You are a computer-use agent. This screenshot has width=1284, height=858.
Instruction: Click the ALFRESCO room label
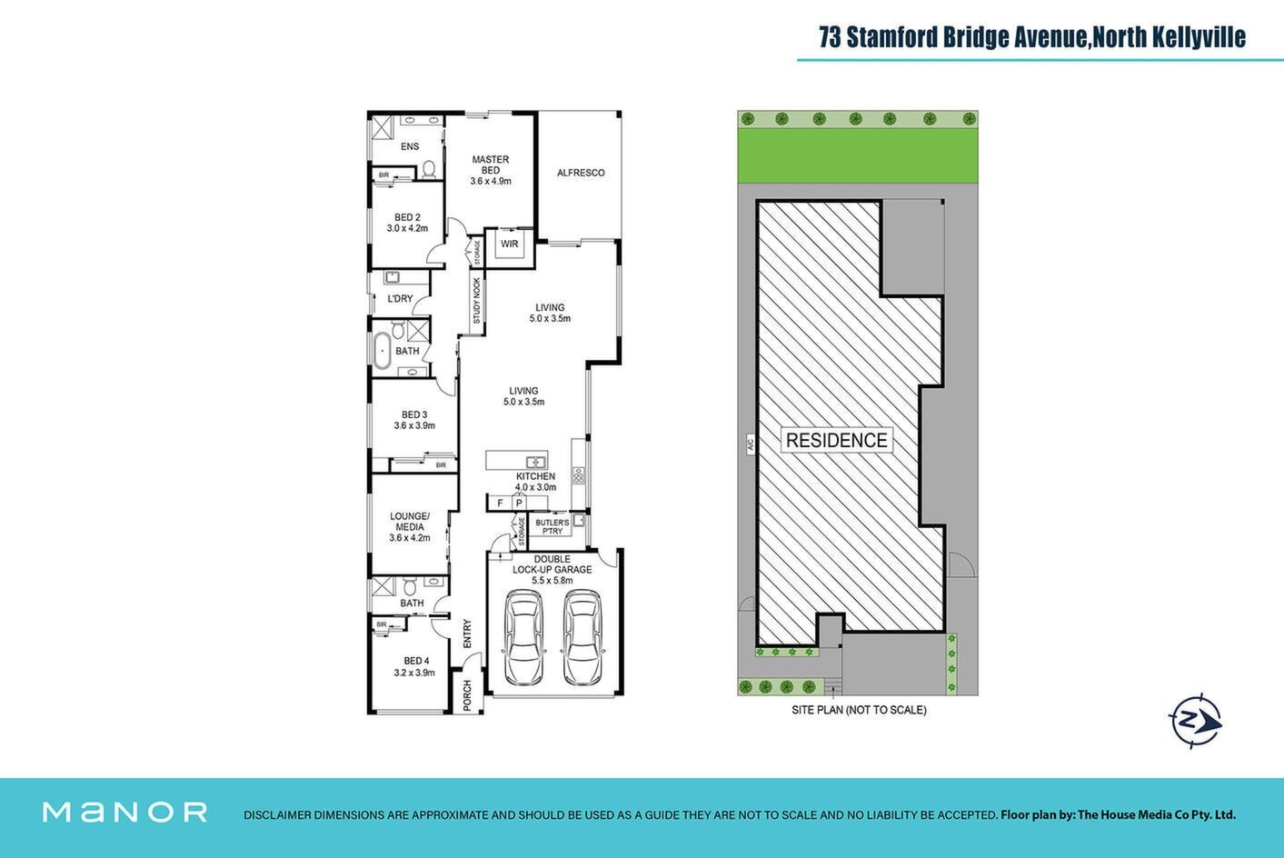pyautogui.click(x=581, y=173)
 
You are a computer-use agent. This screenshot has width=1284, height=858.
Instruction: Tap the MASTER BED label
pyautogui.click(x=490, y=165)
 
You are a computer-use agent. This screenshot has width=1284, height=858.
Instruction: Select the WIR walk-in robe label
pyautogui.click(x=509, y=244)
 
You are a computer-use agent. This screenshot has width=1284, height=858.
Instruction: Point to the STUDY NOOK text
pyautogui.click(x=476, y=301)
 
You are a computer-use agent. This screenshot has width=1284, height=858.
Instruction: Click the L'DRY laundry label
pyautogui.click(x=400, y=299)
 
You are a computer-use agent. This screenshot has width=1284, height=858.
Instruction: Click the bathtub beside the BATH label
pyautogui.click(x=382, y=351)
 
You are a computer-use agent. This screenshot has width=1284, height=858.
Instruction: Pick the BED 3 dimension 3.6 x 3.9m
pyautogui.click(x=414, y=425)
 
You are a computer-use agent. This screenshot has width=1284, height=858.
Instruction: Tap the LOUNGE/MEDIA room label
pyautogui.click(x=409, y=521)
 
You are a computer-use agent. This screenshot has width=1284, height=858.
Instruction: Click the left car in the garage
pyautogui.click(x=524, y=637)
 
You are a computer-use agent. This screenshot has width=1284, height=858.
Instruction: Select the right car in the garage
pyautogui.click(x=582, y=637)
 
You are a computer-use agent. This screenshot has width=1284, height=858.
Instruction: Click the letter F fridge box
pyautogui.click(x=500, y=504)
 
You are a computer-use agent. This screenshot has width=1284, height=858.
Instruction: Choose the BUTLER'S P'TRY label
pyautogui.click(x=552, y=527)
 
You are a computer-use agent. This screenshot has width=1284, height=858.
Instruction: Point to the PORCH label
pyautogui.click(x=467, y=695)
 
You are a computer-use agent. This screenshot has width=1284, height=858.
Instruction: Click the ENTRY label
pyautogui.click(x=467, y=634)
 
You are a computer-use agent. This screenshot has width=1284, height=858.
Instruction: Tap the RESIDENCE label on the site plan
pyautogui.click(x=836, y=440)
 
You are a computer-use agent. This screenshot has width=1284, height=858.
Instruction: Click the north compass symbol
pyautogui.click(x=1195, y=721)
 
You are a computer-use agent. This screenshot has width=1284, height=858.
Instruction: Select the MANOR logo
pyautogui.click(x=125, y=813)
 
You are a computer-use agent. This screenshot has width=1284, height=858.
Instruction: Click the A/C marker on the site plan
pyautogui.click(x=750, y=444)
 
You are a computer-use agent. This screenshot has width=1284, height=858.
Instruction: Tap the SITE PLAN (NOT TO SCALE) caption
pyautogui.click(x=859, y=710)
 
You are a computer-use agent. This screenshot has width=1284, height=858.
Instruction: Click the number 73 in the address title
pyautogui.click(x=830, y=37)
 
